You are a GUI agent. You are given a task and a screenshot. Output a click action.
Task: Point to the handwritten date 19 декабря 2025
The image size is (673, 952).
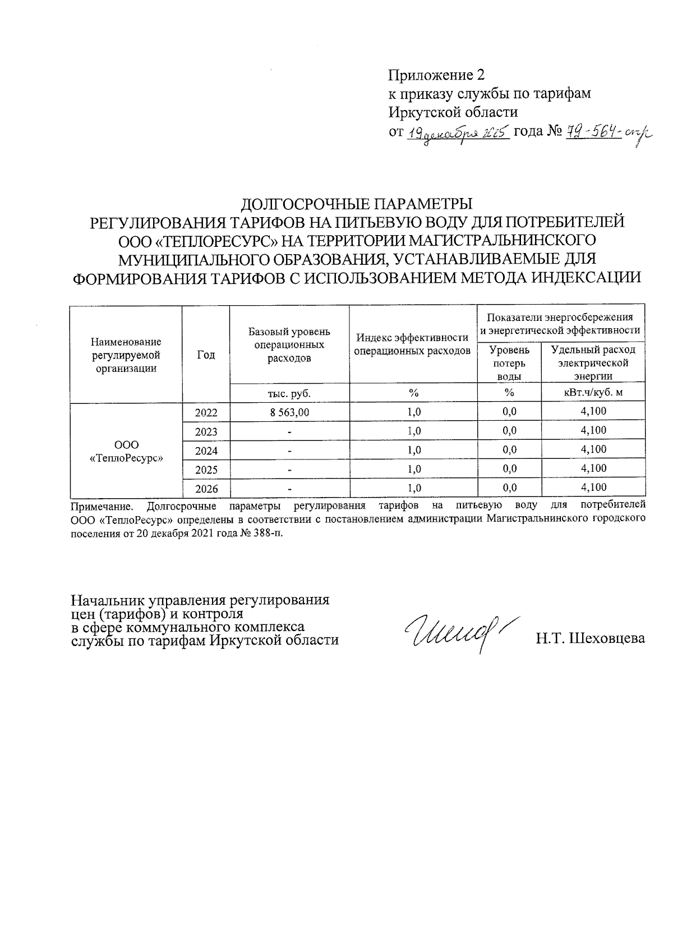coord(457,133)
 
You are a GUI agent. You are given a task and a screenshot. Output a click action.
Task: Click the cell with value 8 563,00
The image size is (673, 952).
coord(289,412)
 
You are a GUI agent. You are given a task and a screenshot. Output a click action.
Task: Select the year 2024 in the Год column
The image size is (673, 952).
coord(206,450)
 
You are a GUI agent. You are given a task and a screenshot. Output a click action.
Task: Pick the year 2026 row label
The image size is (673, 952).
coord(206,489)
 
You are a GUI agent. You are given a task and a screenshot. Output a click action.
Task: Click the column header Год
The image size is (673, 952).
coord(206,355)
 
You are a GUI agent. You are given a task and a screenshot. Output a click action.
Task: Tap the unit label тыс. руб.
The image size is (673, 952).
coord(289,393)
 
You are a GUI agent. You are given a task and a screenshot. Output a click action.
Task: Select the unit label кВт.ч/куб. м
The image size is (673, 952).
coord(593,393)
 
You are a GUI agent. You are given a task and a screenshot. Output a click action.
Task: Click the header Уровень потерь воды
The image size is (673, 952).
coord(509,363)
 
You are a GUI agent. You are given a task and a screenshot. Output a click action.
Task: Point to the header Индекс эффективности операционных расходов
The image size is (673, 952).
coord(413,344)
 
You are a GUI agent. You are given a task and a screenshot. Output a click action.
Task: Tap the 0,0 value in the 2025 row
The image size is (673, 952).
coord(509,468)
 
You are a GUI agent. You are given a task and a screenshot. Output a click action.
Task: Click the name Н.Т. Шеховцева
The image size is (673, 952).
coord(590,638)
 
